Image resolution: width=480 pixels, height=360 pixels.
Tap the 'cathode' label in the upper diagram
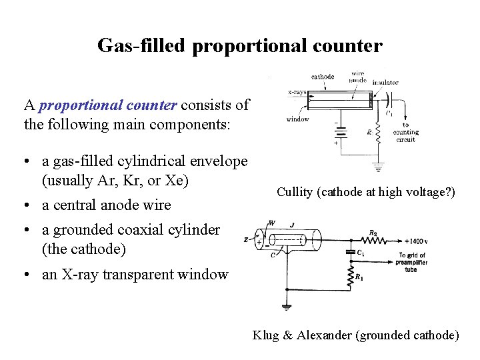[x=323, y=77]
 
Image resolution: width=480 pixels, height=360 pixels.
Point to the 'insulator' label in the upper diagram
[x=385, y=83]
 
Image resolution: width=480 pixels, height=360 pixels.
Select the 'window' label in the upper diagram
[x=297, y=119]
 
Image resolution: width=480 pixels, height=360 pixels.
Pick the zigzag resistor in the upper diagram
[x=377, y=135]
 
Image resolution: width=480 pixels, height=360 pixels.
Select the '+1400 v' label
[x=417, y=241]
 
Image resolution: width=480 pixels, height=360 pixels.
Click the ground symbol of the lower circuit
[x=286, y=307]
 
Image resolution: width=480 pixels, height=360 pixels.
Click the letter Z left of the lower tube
[x=246, y=239]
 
